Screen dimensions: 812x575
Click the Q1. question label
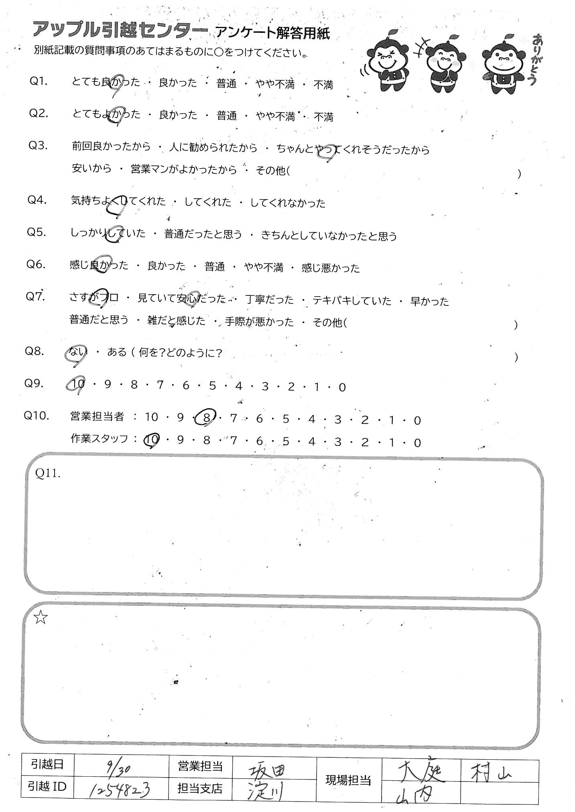(x=39, y=81)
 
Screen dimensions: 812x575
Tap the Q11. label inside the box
(x=48, y=474)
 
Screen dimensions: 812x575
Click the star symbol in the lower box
(x=41, y=619)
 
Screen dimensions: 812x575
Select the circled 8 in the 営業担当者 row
(x=206, y=418)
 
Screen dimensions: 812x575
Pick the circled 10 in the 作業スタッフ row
(x=152, y=440)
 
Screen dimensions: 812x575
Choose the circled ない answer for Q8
(x=76, y=353)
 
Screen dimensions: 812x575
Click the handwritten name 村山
(x=491, y=769)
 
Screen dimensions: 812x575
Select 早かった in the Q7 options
(x=429, y=301)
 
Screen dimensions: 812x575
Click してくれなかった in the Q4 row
(x=288, y=203)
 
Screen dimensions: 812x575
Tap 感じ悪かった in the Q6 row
(x=331, y=268)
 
